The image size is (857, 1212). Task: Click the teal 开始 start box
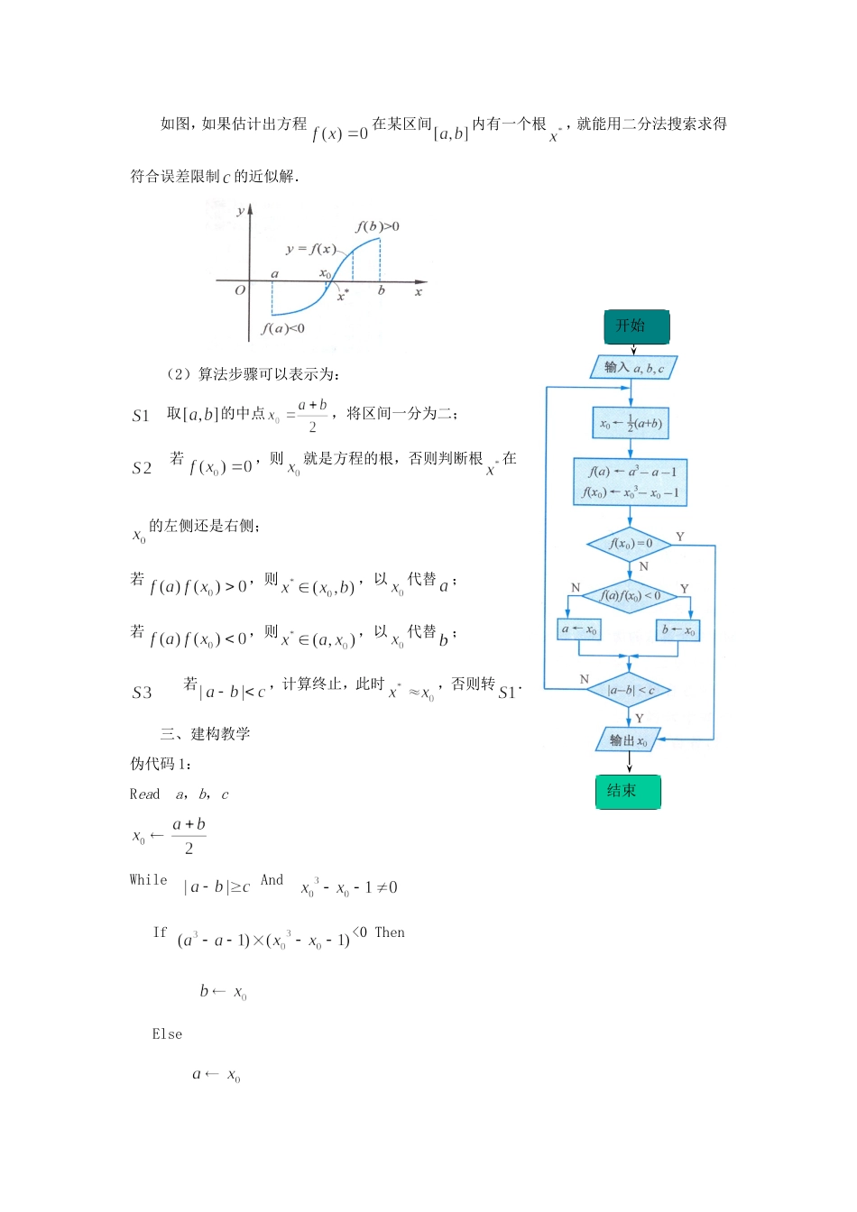pos(636,326)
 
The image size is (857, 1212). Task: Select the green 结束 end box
pos(628,792)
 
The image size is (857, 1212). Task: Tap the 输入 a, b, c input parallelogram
pos(633,368)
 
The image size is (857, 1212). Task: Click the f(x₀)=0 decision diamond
pos(630,544)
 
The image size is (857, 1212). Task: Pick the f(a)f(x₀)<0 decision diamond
pos(630,596)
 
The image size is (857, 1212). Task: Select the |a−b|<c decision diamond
pos(630,690)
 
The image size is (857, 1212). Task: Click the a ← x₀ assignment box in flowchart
pos(578,629)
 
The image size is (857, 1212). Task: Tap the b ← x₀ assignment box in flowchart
pos(678,629)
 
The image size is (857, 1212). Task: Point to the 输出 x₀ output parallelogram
pos(629,740)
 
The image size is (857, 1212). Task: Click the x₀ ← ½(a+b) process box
pos(631,423)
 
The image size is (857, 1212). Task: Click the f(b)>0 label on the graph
pos(377,226)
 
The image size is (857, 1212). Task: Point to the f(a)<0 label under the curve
pos(283,328)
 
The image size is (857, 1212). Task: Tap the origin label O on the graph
pos(240,290)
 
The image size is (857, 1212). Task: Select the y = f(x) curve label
pos(310,249)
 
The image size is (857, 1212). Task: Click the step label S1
pos(141,416)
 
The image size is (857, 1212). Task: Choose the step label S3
pos(142,693)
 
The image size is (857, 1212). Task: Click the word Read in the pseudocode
pos(144,794)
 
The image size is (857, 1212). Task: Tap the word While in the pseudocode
pos(148,880)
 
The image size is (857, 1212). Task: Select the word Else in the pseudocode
pos(167,1034)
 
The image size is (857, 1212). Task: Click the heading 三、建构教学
pos(205,734)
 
